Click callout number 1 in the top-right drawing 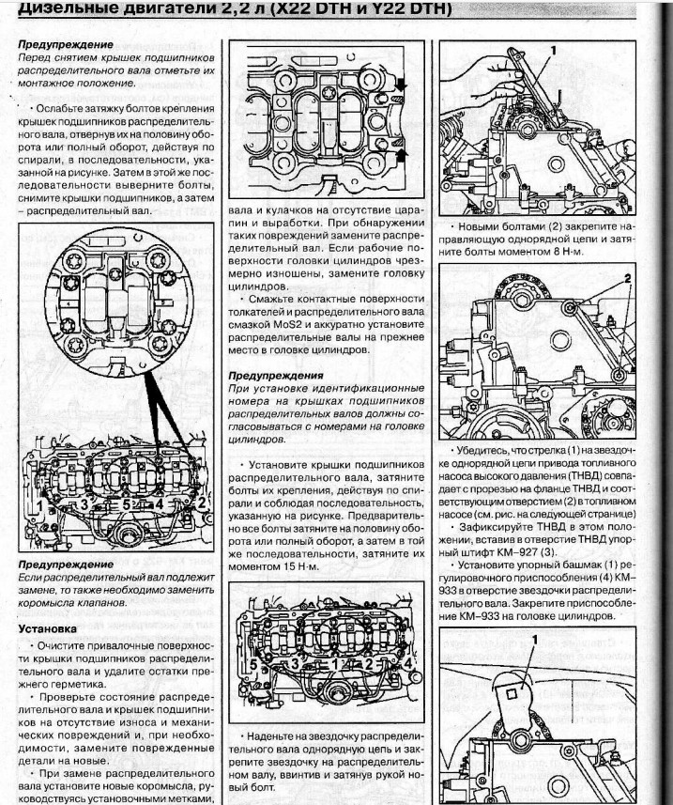coord(554,47)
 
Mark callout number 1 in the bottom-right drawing coord(535,640)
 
